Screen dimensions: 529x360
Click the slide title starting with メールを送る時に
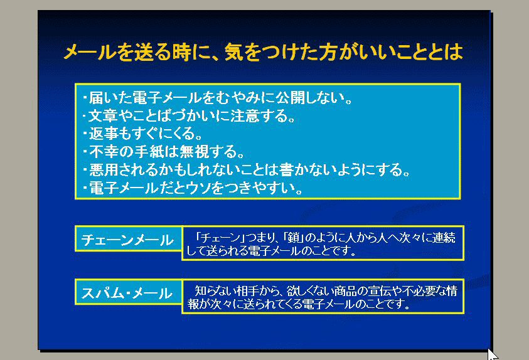[263, 52]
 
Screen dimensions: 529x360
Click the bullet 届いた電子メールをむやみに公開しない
[218, 98]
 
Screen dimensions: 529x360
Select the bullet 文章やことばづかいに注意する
[189, 115]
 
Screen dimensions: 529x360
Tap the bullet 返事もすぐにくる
[142, 134]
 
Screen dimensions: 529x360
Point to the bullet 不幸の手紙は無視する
[163, 152]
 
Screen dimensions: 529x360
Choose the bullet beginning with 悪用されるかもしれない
[246, 169]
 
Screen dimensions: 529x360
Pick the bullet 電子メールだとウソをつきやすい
[193, 188]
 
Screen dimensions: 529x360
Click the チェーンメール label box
[128, 239]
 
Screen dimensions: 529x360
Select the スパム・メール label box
[128, 292]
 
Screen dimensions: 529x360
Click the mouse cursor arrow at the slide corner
[492, 354]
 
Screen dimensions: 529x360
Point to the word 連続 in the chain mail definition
[444, 237]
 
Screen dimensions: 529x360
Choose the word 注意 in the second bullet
[245, 115]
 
